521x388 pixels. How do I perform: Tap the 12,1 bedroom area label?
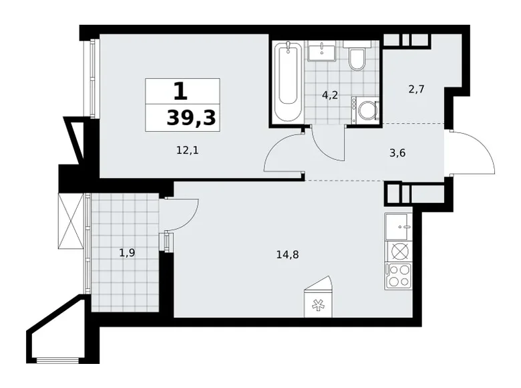click(x=188, y=151)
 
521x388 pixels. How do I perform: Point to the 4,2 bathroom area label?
click(x=329, y=95)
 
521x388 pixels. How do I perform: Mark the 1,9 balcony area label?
click(x=128, y=253)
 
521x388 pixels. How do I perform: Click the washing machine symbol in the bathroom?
click(x=365, y=109)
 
